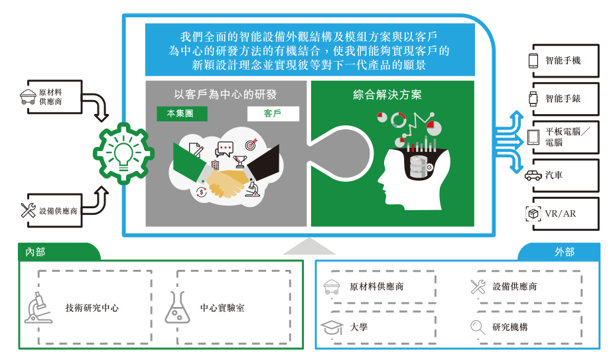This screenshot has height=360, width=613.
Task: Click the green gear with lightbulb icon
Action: coord(123,153)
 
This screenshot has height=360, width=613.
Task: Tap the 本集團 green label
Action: coord(182,113)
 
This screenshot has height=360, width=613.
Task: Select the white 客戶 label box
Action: coord(273,113)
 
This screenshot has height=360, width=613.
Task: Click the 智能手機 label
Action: coord(563,60)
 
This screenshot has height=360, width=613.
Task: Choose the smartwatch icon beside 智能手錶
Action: coord(533,99)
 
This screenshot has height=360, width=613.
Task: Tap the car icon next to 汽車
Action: coord(533,176)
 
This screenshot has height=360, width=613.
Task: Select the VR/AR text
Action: coord(560,213)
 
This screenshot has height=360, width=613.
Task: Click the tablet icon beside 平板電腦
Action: coord(533,137)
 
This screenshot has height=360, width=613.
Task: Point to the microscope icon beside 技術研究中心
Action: coord(38,308)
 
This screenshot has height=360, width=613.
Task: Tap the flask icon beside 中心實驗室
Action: coord(177,308)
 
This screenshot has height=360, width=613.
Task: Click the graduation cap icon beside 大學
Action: coord(332,327)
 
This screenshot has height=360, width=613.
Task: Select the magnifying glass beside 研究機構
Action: coord(478,327)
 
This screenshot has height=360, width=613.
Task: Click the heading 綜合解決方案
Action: coord(387,95)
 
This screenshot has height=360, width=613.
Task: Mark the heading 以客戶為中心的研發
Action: coord(226,95)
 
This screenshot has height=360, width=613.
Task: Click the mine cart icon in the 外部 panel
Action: coord(332,286)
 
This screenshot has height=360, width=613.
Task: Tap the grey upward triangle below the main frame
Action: coord(309,248)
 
